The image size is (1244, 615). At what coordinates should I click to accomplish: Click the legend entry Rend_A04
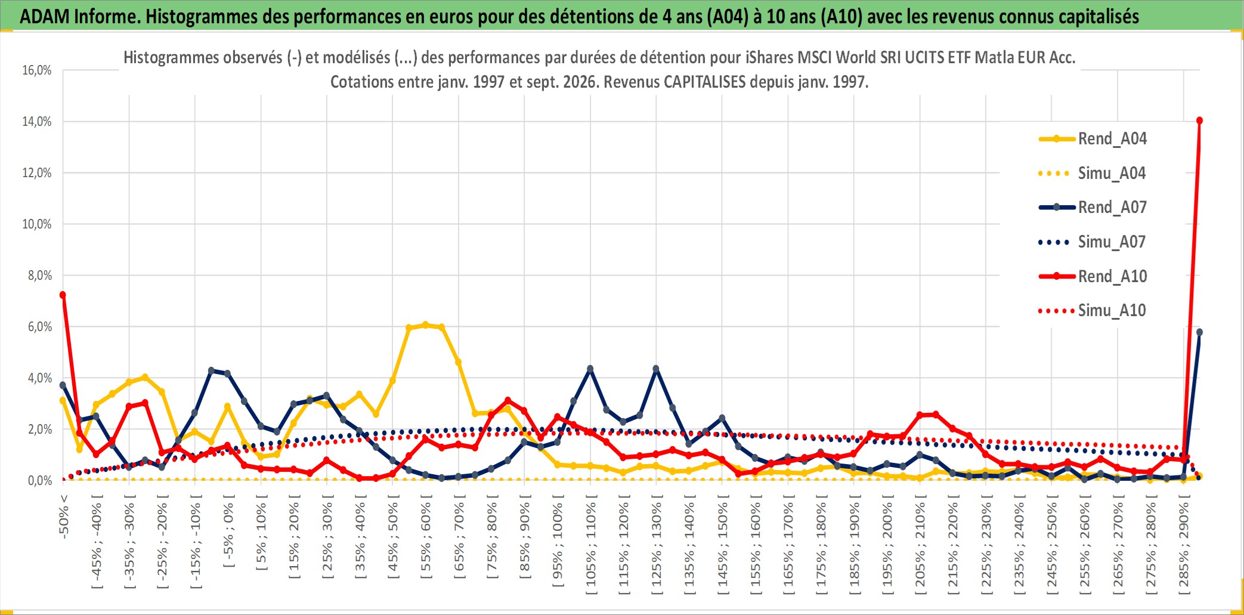[x=1093, y=139]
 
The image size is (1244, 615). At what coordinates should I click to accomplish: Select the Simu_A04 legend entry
[x=1093, y=174]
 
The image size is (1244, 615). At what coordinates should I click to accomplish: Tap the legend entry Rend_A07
[x=1093, y=208]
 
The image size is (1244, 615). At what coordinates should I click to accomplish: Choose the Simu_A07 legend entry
[x=1093, y=242]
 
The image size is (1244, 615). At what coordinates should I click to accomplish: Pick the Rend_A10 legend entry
[x=1093, y=276]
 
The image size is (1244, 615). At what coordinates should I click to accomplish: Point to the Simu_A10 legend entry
[x=1093, y=311]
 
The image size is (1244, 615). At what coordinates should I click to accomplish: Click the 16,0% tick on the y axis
[x=37, y=70]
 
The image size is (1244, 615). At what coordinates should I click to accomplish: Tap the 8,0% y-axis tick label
[x=40, y=276]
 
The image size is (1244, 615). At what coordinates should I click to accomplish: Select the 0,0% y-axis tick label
[x=40, y=481]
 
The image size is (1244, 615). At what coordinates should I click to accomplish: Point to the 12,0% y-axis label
[x=37, y=173]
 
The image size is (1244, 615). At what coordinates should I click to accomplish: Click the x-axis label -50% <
[x=64, y=517]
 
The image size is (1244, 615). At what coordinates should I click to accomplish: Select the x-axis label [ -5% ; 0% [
[x=228, y=531]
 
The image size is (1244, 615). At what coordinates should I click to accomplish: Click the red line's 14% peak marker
[x=1199, y=120]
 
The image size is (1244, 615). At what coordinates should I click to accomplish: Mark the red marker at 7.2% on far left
[x=63, y=295]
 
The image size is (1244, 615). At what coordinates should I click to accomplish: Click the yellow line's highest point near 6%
[x=425, y=325]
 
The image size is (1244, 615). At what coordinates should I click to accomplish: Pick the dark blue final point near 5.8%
[x=1199, y=332]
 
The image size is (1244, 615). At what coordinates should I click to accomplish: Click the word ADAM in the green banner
[x=45, y=16]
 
